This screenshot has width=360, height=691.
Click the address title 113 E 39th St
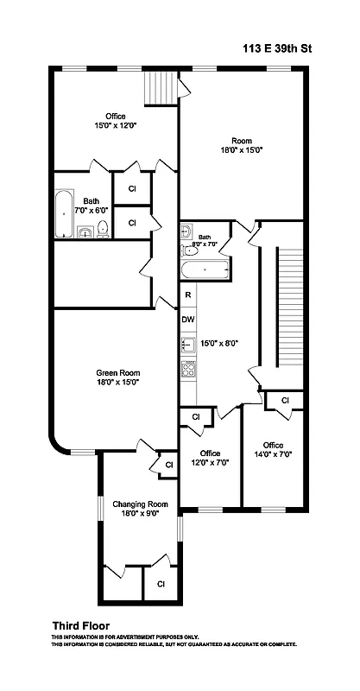(x=276, y=51)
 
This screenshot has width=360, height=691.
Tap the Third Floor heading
(x=80, y=625)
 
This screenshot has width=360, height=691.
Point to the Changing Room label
(x=139, y=504)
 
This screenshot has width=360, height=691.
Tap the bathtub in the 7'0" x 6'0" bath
(x=64, y=215)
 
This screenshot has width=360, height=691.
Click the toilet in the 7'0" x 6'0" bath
(x=102, y=229)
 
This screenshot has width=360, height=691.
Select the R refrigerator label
(x=187, y=295)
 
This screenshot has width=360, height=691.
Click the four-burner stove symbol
(x=188, y=369)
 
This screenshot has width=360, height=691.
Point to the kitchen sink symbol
(x=187, y=344)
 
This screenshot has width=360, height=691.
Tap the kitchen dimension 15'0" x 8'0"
(x=220, y=343)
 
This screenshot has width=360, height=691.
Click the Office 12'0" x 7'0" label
(x=210, y=459)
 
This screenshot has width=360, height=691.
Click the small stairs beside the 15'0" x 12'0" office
(x=159, y=87)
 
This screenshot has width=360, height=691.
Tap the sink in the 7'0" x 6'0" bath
(x=85, y=231)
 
